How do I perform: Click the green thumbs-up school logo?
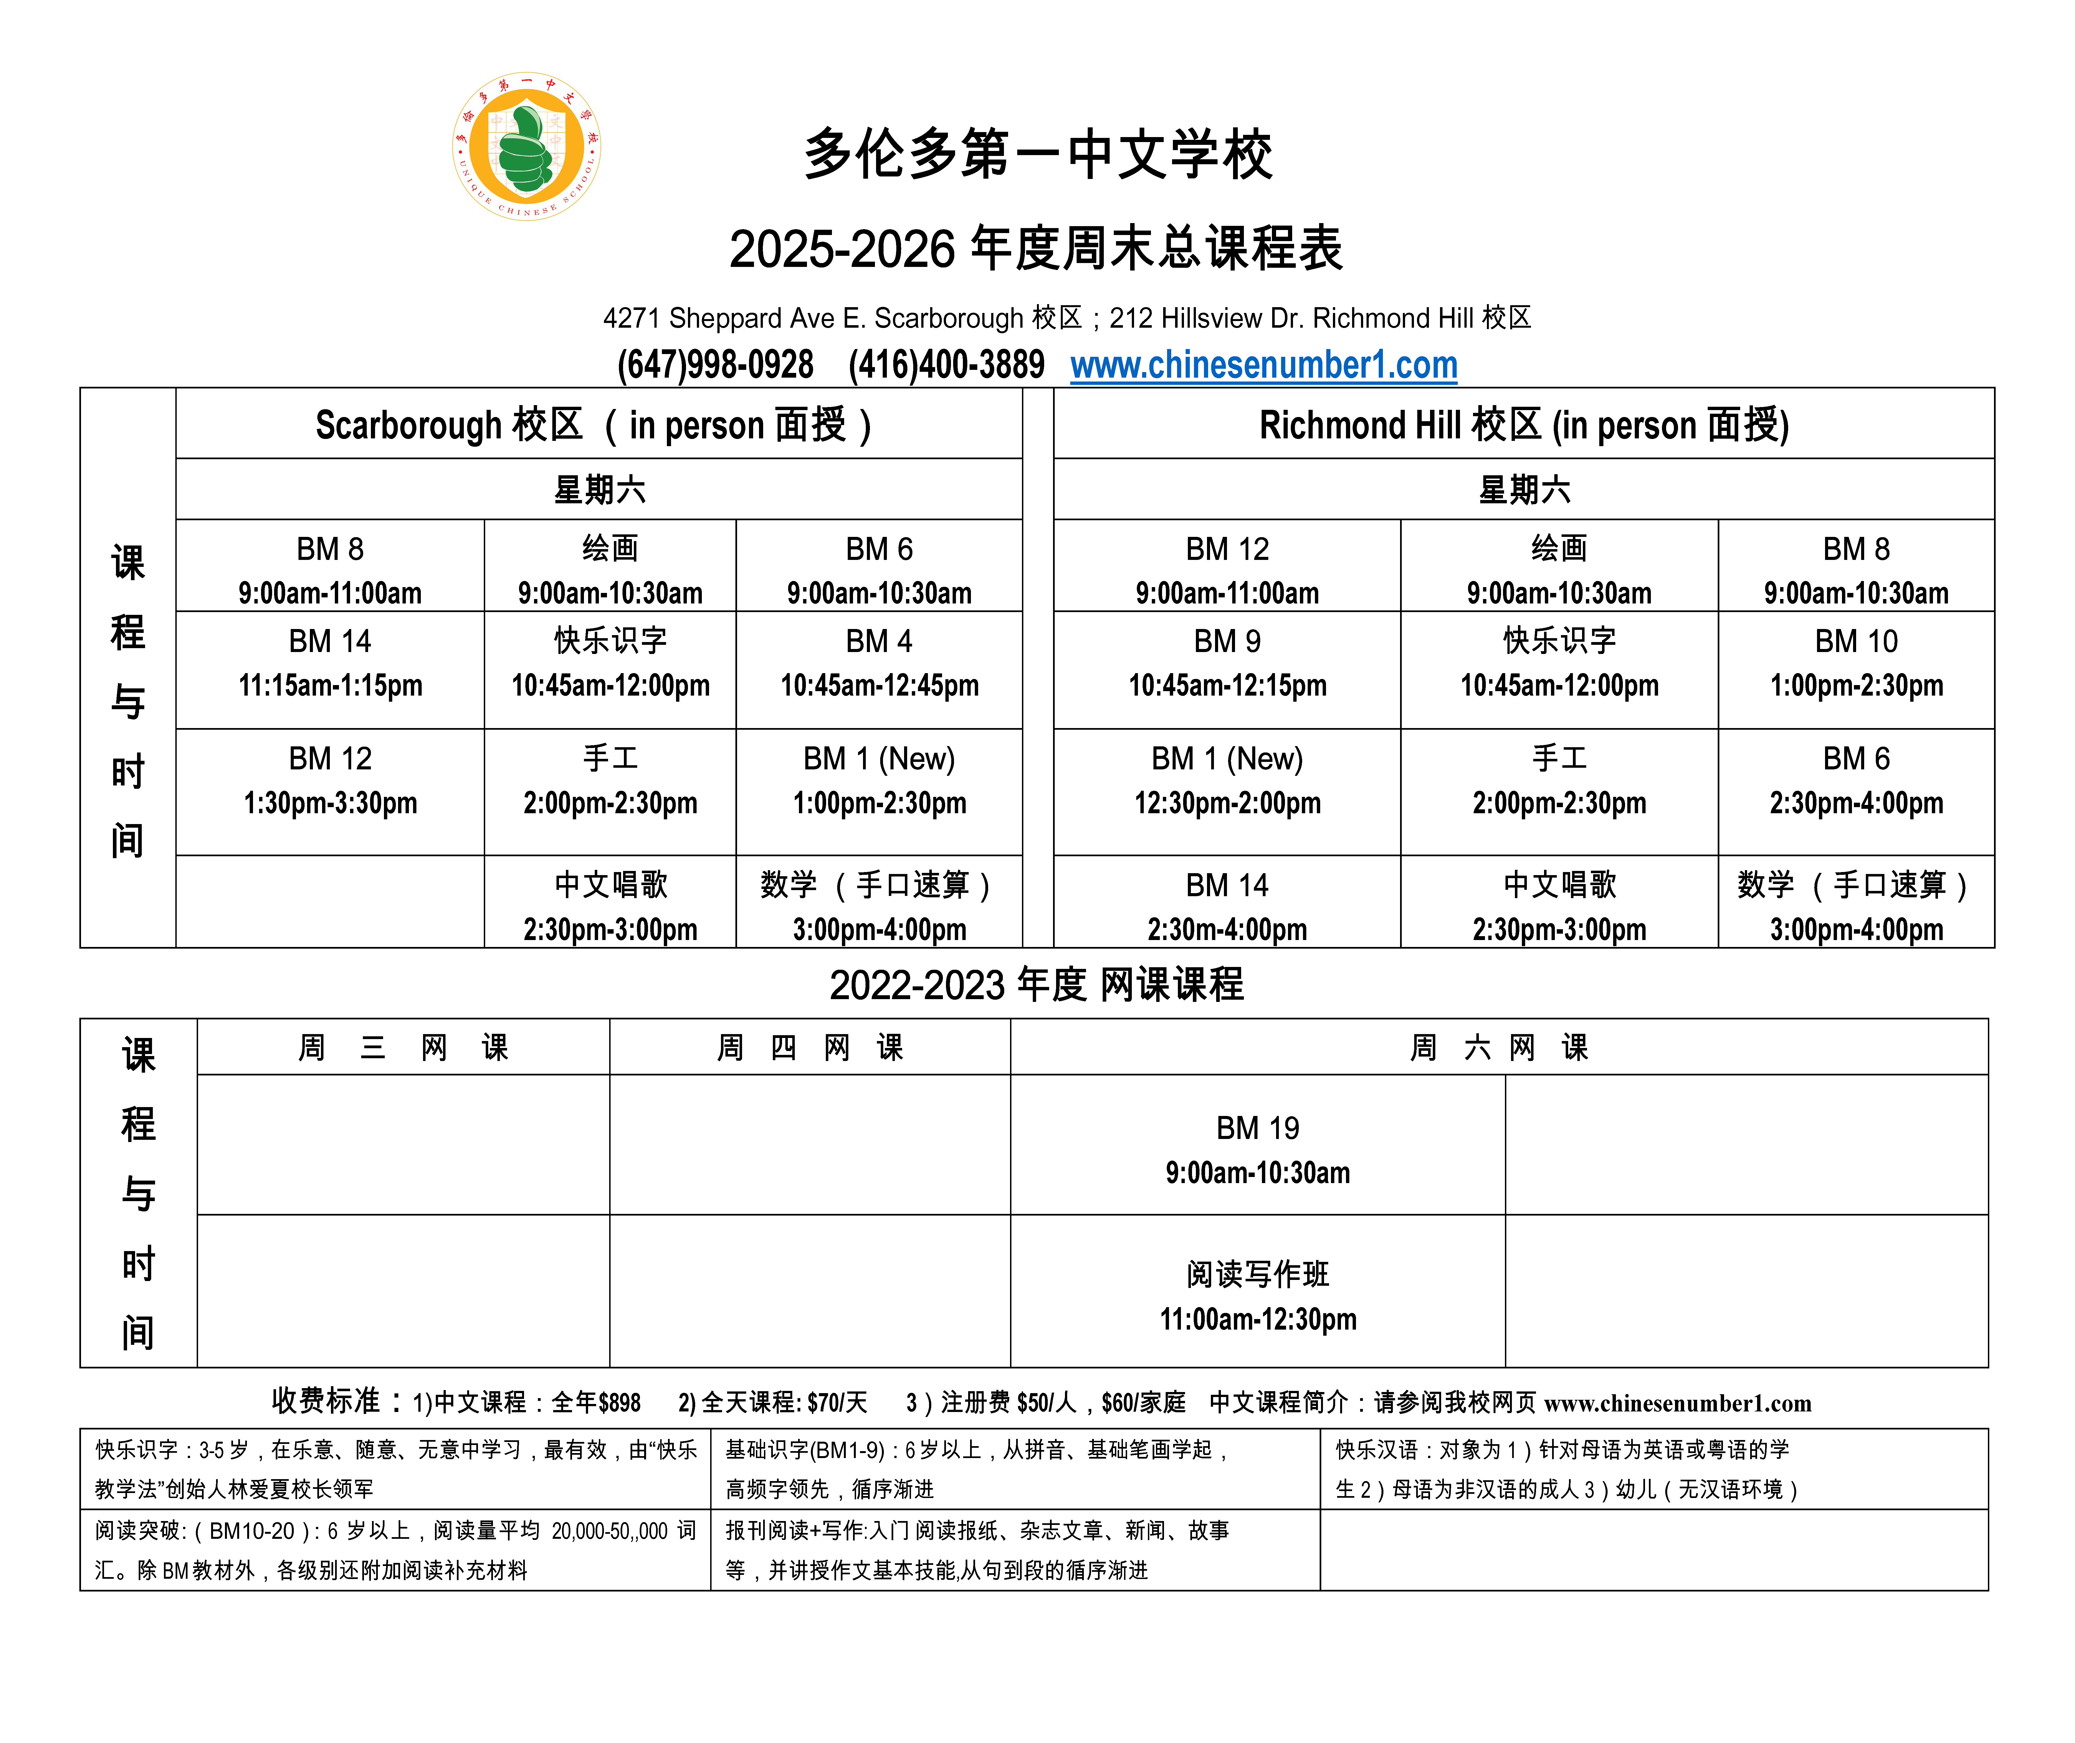(x=527, y=146)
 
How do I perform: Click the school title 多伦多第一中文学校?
(x=1037, y=155)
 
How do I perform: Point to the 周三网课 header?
(x=403, y=1047)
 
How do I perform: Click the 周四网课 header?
(x=809, y=1047)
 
